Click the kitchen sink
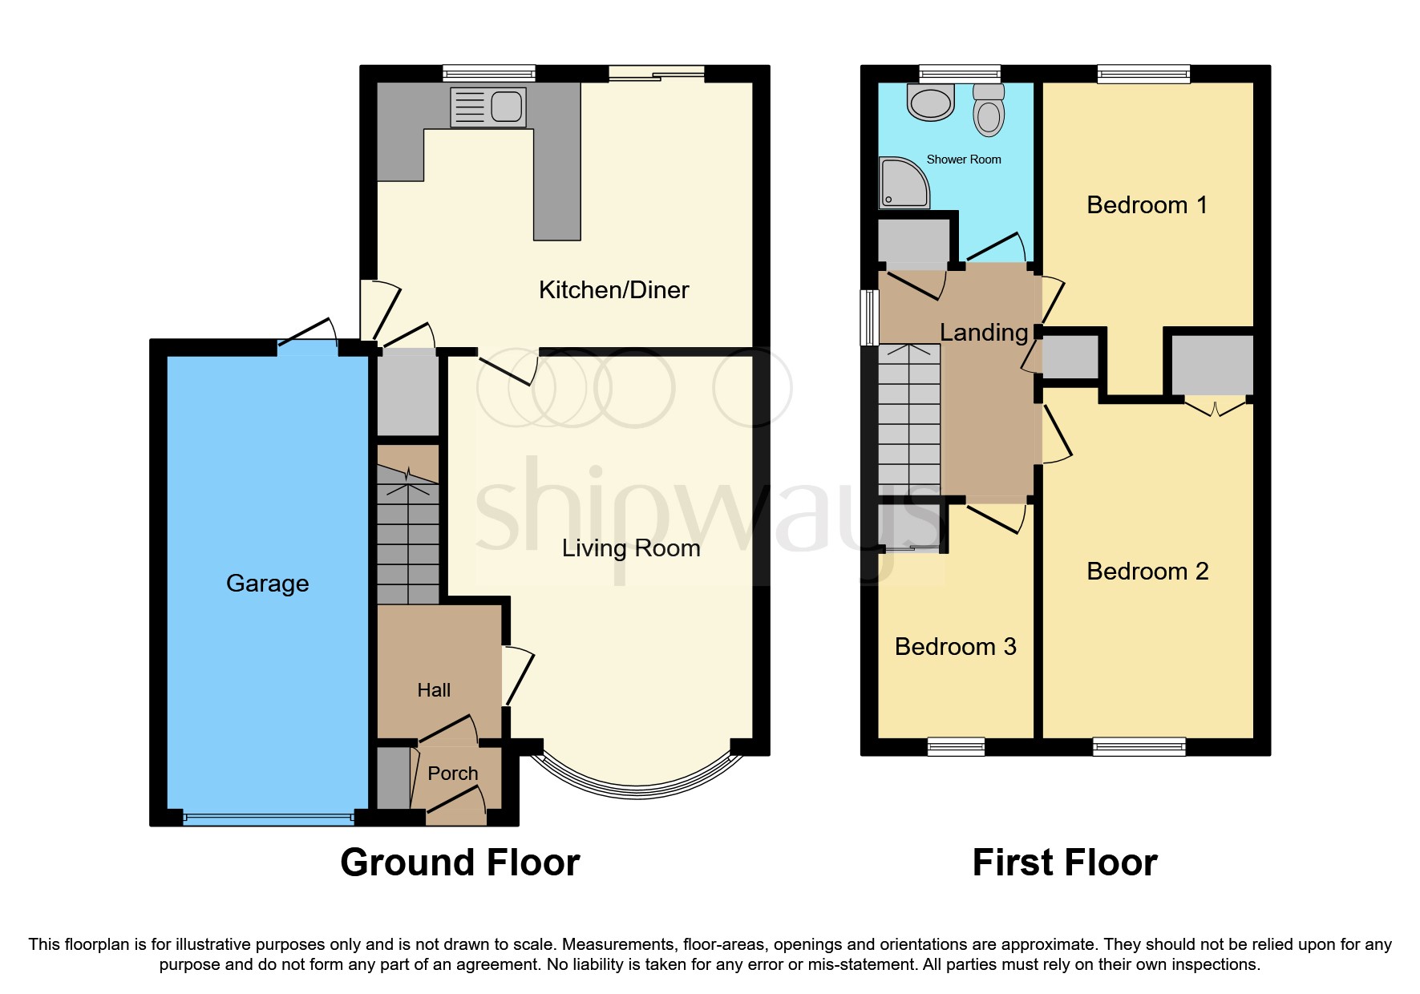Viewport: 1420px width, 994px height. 488,107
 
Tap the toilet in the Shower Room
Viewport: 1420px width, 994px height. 989,111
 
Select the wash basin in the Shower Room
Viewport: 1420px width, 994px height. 931,102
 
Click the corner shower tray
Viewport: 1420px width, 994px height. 904,183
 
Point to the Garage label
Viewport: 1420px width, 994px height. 267,583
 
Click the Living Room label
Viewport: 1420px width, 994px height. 630,548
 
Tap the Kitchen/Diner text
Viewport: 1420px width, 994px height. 613,289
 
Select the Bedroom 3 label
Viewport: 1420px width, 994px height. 955,646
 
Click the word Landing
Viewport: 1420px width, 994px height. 983,332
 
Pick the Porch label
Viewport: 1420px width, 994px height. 452,774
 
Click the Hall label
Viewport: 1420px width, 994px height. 434,690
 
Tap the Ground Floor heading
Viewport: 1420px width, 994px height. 459,863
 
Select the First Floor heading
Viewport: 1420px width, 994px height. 1064,863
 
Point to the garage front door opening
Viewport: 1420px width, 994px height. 268,818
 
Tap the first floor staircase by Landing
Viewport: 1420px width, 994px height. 908,421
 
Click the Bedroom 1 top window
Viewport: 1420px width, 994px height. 1143,75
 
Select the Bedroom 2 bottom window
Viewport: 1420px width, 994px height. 1139,747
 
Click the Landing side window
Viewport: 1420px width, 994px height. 868,317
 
